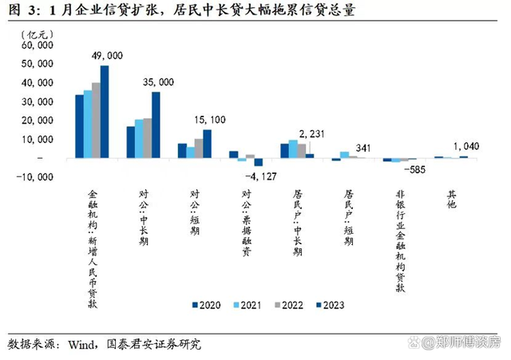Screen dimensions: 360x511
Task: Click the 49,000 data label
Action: pyautogui.click(x=109, y=56)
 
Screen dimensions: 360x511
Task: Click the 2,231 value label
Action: pyautogui.click(x=312, y=133)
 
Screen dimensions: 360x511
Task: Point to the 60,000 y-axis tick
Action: pyautogui.click(x=36, y=45)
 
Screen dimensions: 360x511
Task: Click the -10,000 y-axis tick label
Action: pyautogui.click(x=34, y=176)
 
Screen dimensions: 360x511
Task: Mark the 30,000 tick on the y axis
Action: pyautogui.click(x=36, y=101)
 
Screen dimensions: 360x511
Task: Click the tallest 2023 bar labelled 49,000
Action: pyautogui.click(x=105, y=112)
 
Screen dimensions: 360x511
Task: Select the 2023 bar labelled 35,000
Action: pyautogui.click(x=156, y=125)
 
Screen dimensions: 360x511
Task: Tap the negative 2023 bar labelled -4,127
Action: pyautogui.click(x=259, y=162)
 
